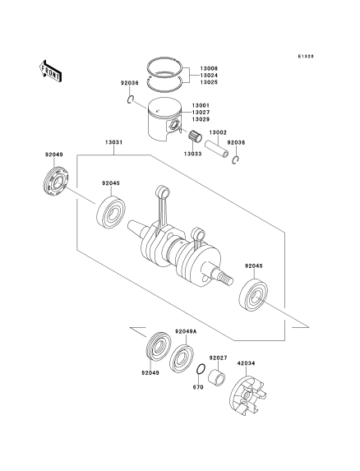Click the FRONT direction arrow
coord(51,71)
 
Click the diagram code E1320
coord(306,56)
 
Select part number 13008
coord(209,68)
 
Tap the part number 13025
coord(209,82)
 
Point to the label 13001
coord(201,105)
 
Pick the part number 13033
coord(193,154)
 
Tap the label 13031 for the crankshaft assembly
coord(113,142)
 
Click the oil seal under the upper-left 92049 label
coord(56,182)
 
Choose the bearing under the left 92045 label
coord(111,212)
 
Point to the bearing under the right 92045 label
coord(253,294)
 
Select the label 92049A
coord(186,331)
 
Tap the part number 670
coord(198,387)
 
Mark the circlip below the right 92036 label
coord(235,160)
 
